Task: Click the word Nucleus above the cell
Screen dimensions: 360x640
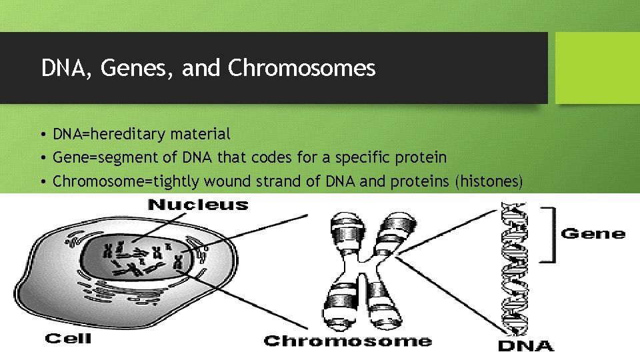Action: click(198, 205)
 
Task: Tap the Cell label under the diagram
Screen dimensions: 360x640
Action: click(68, 339)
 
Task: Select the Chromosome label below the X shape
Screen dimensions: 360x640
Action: click(347, 341)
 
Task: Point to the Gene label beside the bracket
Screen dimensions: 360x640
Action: click(593, 233)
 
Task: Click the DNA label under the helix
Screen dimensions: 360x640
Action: click(526, 345)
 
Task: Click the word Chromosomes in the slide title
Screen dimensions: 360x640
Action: click(302, 68)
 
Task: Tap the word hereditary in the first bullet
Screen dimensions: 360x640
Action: click(127, 134)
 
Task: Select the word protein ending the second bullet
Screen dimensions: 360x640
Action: click(423, 157)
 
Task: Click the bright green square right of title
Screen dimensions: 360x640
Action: click(597, 68)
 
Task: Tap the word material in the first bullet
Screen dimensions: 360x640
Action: click(200, 134)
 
